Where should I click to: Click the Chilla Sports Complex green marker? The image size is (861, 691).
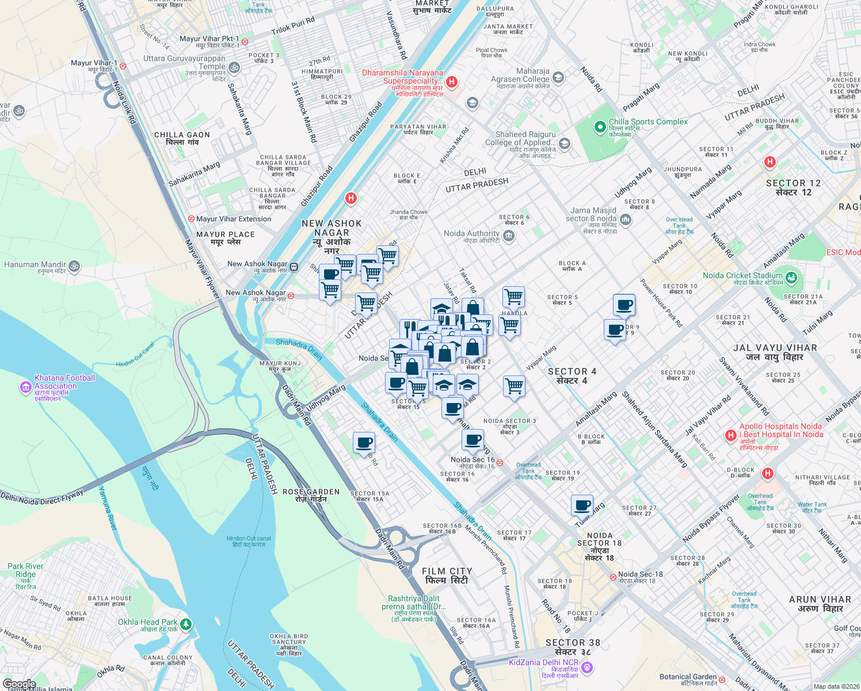600,126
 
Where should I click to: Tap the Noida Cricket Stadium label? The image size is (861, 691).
742,276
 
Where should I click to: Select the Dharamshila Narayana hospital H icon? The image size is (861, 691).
452,82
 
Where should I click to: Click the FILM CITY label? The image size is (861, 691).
447,571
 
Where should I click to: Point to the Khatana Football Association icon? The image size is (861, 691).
25,387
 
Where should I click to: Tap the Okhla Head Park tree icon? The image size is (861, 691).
185,624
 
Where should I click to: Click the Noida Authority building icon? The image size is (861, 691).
508,235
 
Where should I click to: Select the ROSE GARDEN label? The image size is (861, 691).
311,492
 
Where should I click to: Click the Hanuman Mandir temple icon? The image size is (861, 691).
74,266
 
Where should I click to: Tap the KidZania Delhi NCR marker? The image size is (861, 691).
586,667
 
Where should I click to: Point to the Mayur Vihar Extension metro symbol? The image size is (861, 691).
191,219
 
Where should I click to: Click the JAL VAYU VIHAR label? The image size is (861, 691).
775,348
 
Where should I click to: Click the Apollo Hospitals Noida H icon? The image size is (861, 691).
731,435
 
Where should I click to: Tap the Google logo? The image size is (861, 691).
19,684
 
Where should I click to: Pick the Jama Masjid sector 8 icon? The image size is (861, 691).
626,219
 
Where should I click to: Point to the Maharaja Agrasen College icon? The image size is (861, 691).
557,77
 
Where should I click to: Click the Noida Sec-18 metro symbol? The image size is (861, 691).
612,576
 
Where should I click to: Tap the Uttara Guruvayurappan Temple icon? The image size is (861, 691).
234,67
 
